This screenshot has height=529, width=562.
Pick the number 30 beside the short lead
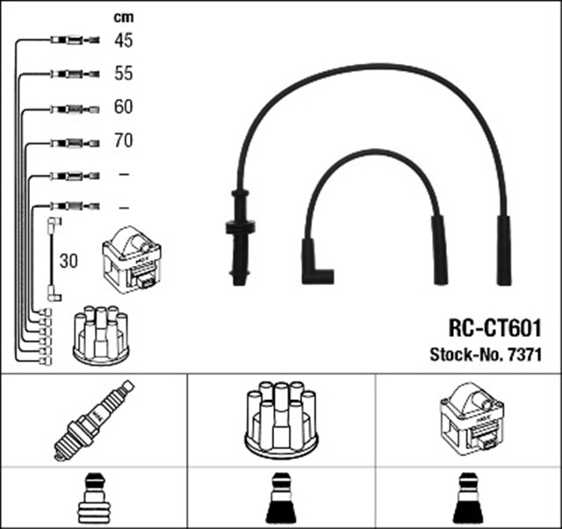coord(68,261)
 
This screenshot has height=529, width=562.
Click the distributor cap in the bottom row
coord(281,418)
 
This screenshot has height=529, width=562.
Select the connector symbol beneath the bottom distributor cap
coord(281,499)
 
